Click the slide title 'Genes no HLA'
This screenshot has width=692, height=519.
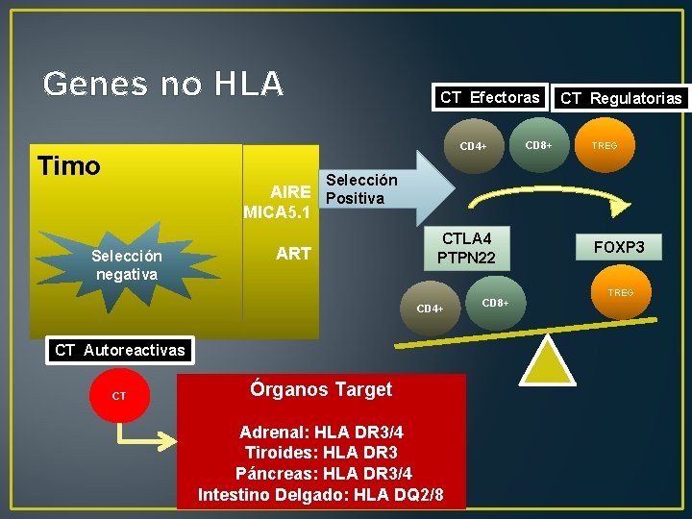[163, 85]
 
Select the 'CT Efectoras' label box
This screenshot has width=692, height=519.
[489, 97]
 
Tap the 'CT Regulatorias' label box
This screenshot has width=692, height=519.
[621, 98]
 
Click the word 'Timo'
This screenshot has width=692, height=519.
[68, 166]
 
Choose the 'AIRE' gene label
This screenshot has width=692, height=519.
[290, 191]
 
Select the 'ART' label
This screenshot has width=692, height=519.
[293, 253]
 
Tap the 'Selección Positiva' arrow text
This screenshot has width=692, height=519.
[361, 189]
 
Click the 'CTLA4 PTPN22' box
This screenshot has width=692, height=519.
[466, 247]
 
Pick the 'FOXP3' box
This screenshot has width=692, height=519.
[618, 247]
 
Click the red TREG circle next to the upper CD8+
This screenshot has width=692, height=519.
[605, 146]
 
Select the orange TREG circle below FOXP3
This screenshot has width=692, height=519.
[619, 292]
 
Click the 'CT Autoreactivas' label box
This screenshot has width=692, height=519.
[119, 350]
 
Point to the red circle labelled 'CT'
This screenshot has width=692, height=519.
[119, 395]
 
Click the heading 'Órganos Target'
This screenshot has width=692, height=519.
[321, 389]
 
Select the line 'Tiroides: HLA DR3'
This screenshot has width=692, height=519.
[321, 453]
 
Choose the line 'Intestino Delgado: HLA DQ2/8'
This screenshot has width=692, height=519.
[321, 494]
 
